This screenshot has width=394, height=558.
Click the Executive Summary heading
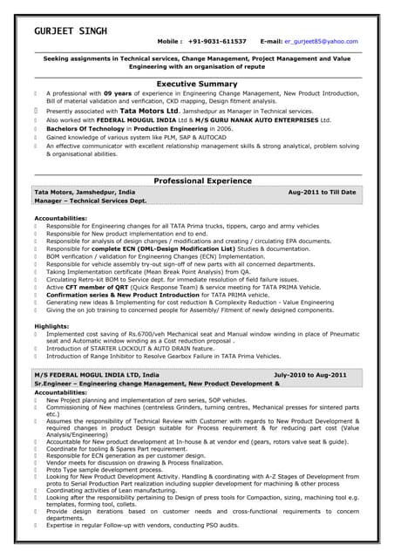coord(196,84)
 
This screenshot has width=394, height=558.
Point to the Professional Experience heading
coord(196,180)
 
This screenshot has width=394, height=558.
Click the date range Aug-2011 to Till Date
coord(322,192)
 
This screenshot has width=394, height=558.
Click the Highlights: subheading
coord(51,325)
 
